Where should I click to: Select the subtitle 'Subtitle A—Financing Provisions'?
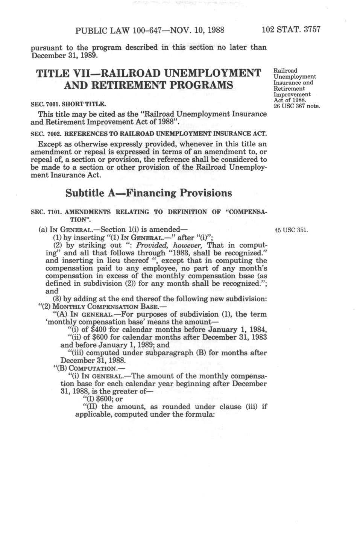[149, 193]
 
